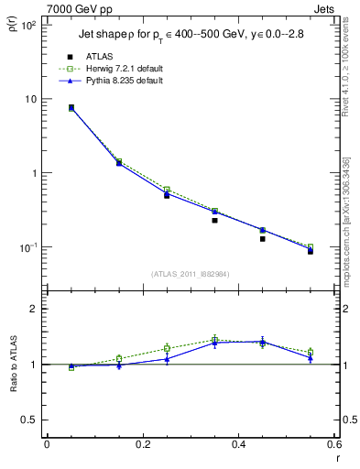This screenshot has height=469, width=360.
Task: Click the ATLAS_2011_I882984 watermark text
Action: (x=190, y=273)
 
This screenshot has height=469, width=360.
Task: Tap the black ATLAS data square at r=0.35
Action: (x=214, y=220)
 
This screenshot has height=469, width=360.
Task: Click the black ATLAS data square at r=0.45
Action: (x=262, y=238)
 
